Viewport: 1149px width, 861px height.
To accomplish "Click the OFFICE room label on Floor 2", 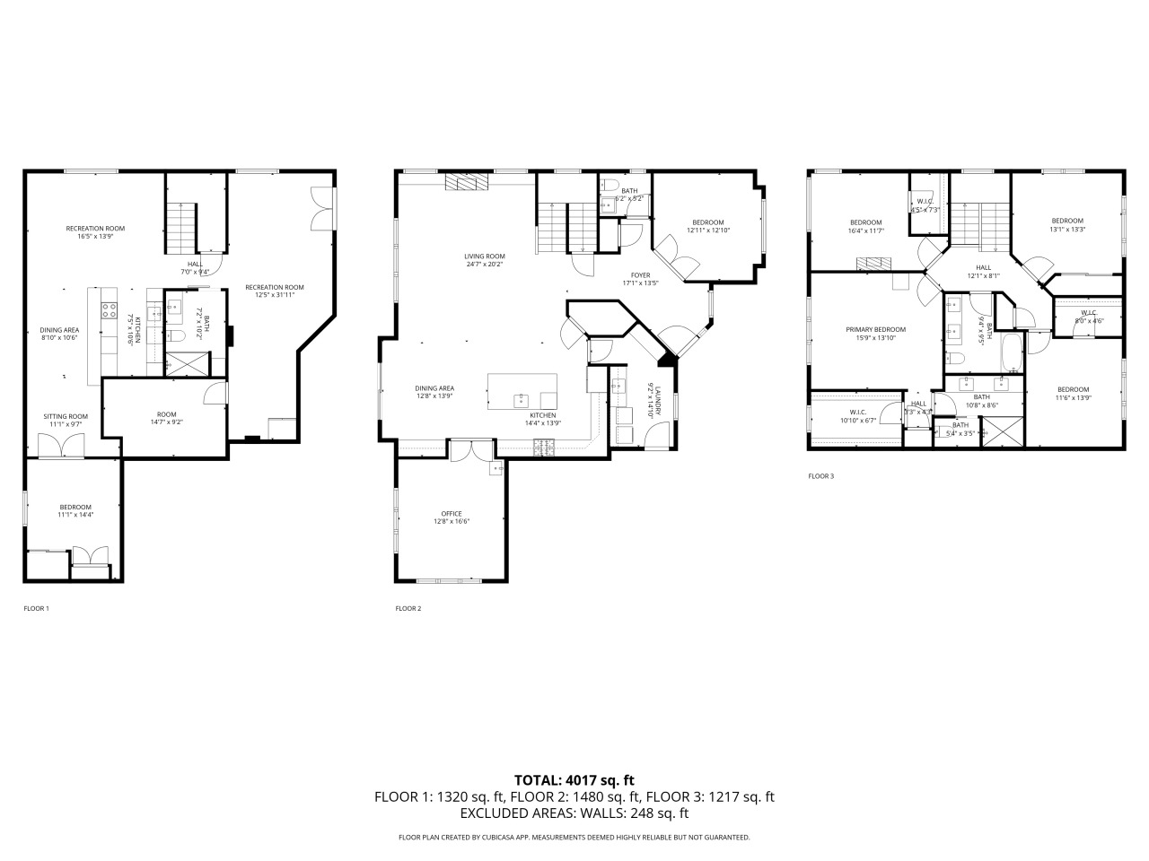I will pos(451,513).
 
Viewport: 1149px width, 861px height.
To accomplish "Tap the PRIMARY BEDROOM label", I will pos(875,329).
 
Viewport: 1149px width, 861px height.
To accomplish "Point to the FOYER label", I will pos(641,275).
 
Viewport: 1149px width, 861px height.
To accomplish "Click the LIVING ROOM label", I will pos(485,257).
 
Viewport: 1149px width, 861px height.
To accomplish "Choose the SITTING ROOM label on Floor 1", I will pos(66,416).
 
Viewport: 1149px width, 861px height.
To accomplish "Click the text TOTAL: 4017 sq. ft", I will pos(574,780).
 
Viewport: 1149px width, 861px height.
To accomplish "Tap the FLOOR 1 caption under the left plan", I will pos(36,608).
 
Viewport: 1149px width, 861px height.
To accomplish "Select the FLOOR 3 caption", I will pos(820,476).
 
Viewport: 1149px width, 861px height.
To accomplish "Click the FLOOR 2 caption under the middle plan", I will pos(408,608).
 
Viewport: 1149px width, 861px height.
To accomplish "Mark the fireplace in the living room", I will pos(468,183).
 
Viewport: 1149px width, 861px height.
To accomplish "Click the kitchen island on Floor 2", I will pos(522,391).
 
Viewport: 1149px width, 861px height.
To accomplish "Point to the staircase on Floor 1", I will pos(181,228).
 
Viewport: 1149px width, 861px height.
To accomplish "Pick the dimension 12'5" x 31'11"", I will pos(274,295).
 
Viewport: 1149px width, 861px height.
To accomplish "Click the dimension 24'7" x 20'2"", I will pos(485,265).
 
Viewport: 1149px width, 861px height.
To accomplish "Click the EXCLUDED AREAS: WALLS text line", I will pos(574,813).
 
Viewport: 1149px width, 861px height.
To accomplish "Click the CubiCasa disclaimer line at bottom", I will pos(574,837).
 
